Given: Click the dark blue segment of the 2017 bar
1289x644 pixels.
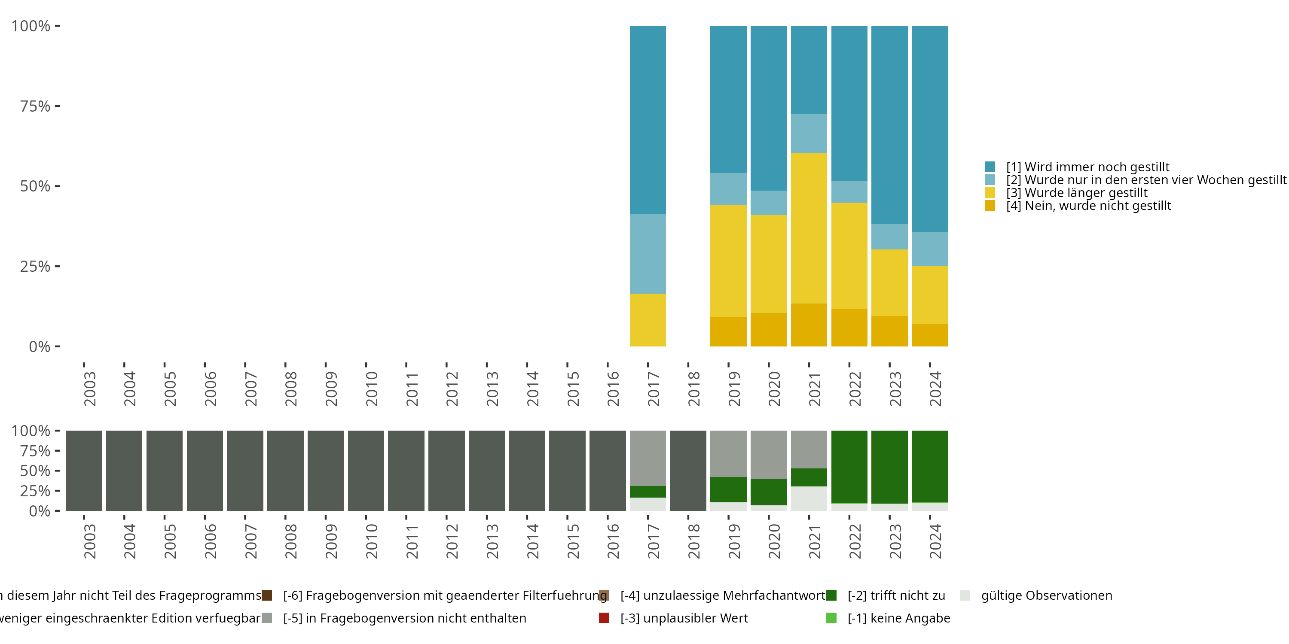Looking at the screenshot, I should click(x=648, y=120).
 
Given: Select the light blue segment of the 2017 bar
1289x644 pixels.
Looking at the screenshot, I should click(x=648, y=254).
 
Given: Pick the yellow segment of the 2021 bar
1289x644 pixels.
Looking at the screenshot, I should click(x=809, y=228).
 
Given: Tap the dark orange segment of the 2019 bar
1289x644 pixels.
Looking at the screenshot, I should click(x=728, y=332).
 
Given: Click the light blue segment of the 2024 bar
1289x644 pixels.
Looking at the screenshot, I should click(x=930, y=249).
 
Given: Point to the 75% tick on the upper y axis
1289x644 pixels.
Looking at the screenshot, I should click(x=35, y=106).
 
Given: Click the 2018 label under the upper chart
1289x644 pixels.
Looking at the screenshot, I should click(x=693, y=389).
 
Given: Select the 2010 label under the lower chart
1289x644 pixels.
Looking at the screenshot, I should click(x=371, y=541).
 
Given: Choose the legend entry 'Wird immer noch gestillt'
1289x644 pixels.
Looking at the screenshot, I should click(x=1088, y=167).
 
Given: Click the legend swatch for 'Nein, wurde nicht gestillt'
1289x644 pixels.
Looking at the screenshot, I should click(x=990, y=206).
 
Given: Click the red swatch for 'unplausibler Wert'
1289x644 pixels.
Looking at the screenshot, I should click(x=604, y=618).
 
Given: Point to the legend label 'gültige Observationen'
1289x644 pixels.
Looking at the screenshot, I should click(x=1046, y=595).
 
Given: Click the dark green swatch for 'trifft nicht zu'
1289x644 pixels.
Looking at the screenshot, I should click(x=831, y=595).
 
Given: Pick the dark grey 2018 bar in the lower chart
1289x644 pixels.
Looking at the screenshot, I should click(x=688, y=471).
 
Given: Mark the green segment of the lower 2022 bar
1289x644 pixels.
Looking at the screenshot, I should click(x=849, y=467).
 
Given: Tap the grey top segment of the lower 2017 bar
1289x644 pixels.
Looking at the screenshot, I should click(x=648, y=458).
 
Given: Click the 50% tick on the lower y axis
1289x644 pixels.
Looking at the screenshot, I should click(x=35, y=471).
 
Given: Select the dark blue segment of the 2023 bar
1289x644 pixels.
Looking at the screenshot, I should click(x=889, y=125).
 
